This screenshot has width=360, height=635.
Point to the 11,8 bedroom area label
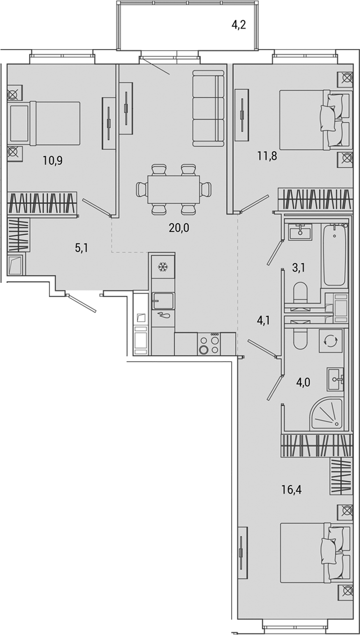point(267,156)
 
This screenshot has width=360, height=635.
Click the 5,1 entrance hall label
point(82,248)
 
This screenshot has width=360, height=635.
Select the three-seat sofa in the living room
point(208,108)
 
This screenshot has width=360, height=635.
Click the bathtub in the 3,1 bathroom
point(334,255)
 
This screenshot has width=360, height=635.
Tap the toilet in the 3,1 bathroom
point(300,295)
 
